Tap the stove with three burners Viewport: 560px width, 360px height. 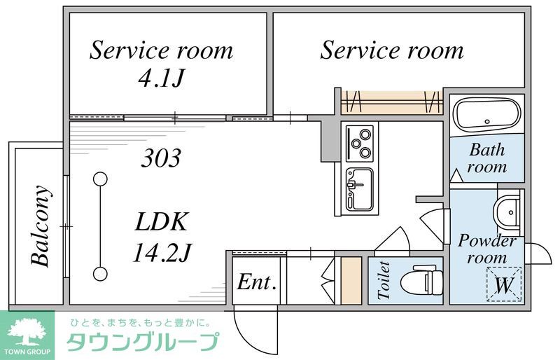coord(360,143)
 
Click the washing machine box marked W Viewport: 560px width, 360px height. coord(505,285)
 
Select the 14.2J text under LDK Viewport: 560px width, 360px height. coord(162,251)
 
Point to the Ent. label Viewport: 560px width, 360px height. coord(257,282)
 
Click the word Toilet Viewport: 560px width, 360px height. coord(383,281)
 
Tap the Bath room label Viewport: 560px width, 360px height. coord(487,158)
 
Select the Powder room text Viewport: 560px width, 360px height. coord(487,249)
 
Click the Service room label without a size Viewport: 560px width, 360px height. coord(392,50)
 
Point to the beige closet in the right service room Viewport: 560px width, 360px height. coord(392,102)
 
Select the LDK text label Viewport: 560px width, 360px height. coord(162,223)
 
